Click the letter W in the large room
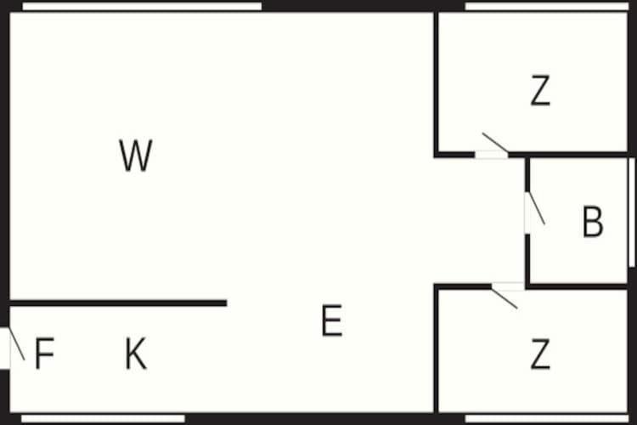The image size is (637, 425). click(136, 155)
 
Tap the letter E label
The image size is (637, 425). click(332, 320)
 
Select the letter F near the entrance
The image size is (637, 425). click(44, 353)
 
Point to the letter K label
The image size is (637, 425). click(136, 354)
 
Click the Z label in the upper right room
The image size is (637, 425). click(540, 90)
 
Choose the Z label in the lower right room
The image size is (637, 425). click(540, 354)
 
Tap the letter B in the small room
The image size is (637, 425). click(593, 221)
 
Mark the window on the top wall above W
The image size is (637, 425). click(142, 6)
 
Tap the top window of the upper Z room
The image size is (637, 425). click(546, 6)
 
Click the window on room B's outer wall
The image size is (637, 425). click(632, 212)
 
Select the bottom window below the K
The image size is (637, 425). click(103, 418)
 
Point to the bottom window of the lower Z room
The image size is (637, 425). click(546, 418)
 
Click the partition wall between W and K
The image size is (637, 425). click(118, 303)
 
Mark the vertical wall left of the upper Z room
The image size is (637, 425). click(437, 83)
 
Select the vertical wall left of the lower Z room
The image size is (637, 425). click(437, 349)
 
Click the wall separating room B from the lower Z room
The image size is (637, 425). click(577, 286)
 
